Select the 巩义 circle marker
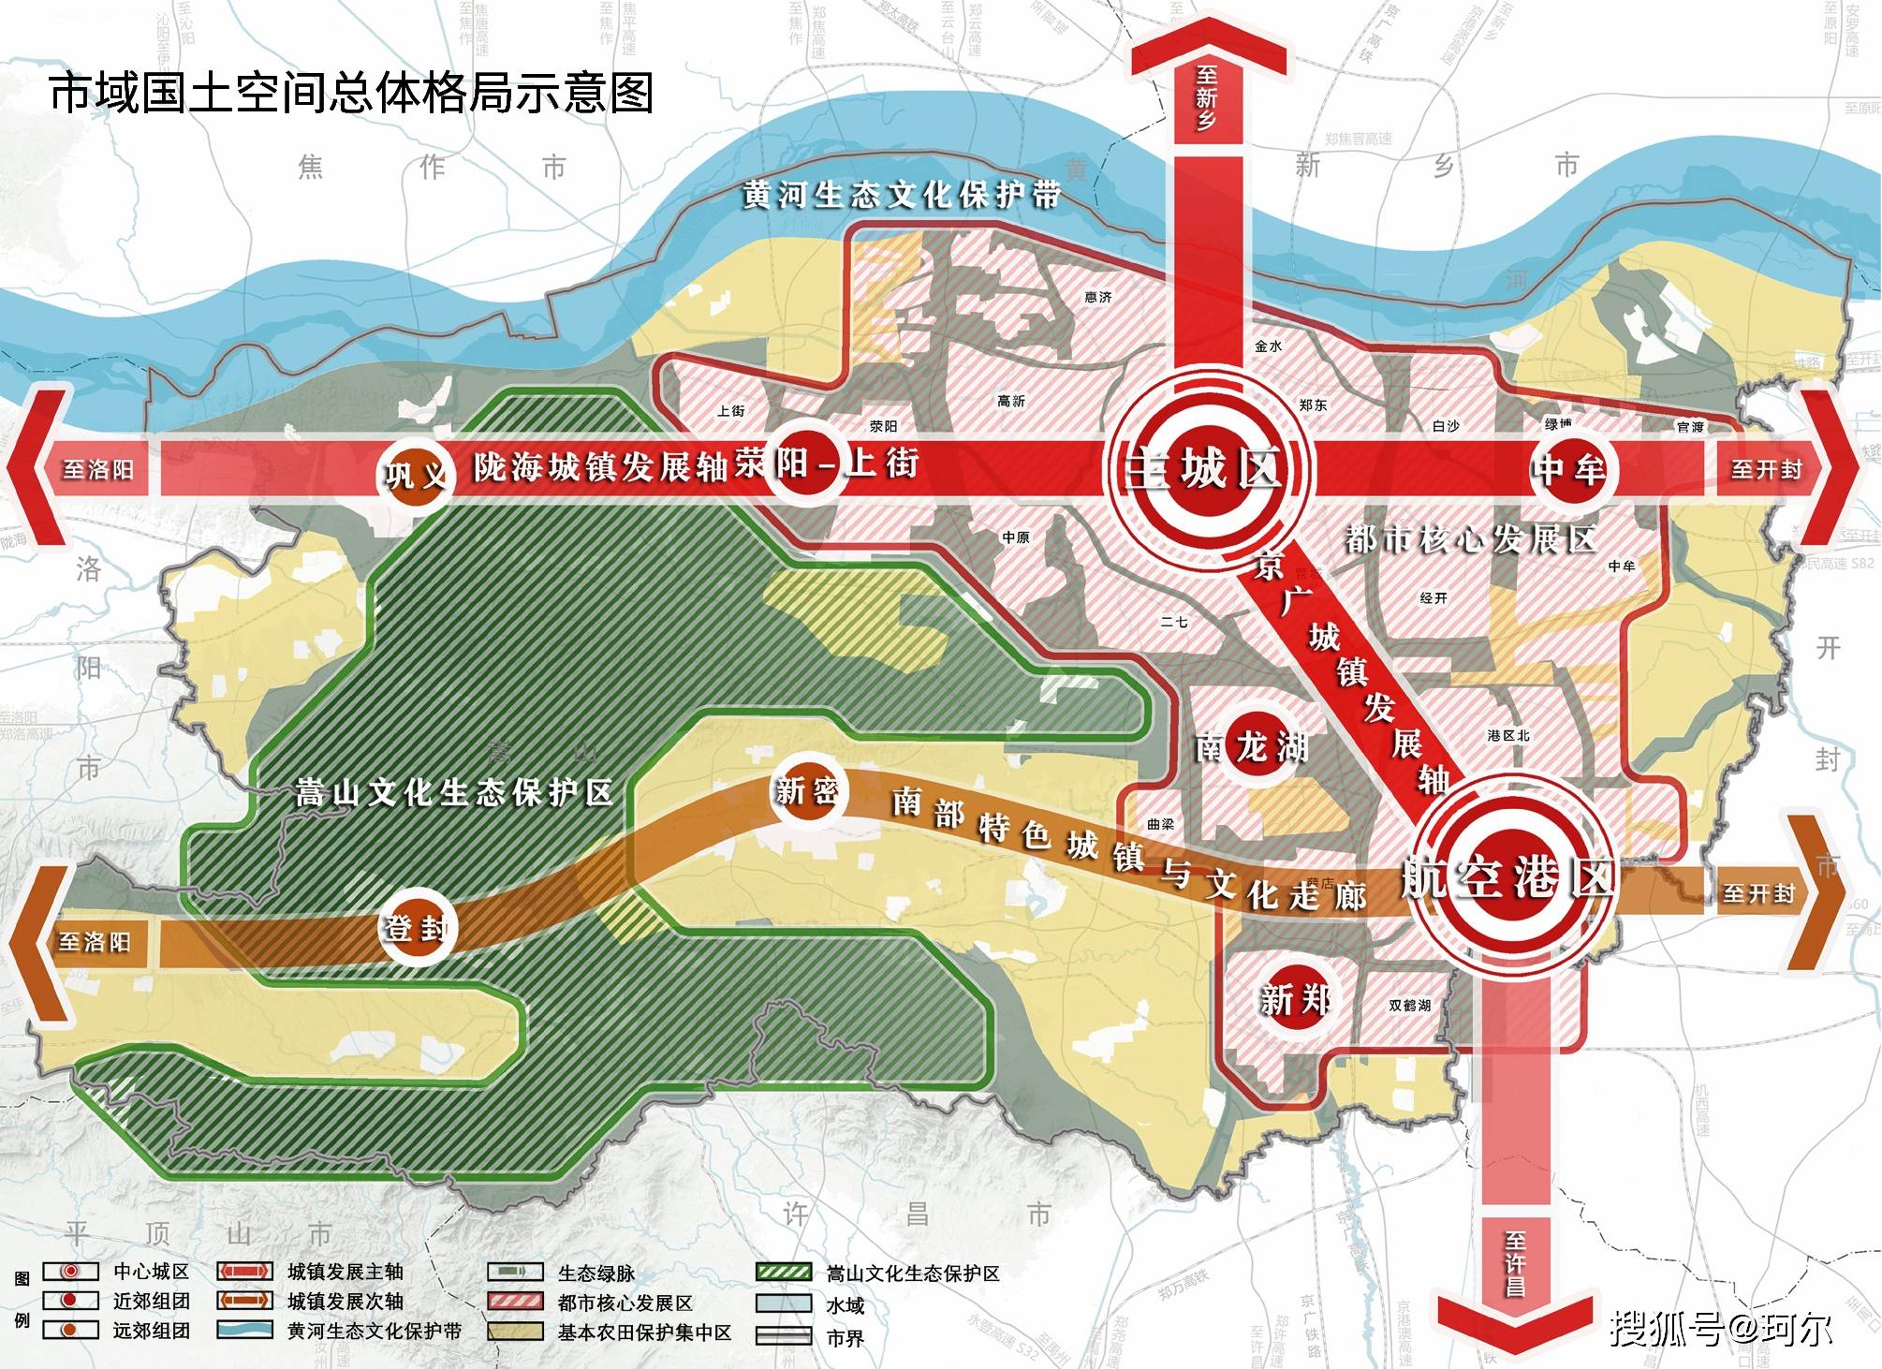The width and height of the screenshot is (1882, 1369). click(417, 474)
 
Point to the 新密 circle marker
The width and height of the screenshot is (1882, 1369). click(805, 792)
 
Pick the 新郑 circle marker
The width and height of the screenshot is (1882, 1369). click(1295, 1000)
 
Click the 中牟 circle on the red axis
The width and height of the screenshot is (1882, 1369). click(1567, 469)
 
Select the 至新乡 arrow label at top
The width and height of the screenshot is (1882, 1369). click(1207, 98)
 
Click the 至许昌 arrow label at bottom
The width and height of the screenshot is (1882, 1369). click(1514, 1264)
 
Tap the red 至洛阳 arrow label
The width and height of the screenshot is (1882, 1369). click(97, 469)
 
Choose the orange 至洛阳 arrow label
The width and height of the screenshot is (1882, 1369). click(95, 942)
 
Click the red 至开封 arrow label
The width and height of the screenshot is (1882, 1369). click(1766, 469)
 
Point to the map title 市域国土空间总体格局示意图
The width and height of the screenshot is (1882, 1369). click(351, 95)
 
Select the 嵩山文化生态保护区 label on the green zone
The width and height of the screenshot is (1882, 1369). click(454, 793)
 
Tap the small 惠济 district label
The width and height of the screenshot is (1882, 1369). click(1097, 298)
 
